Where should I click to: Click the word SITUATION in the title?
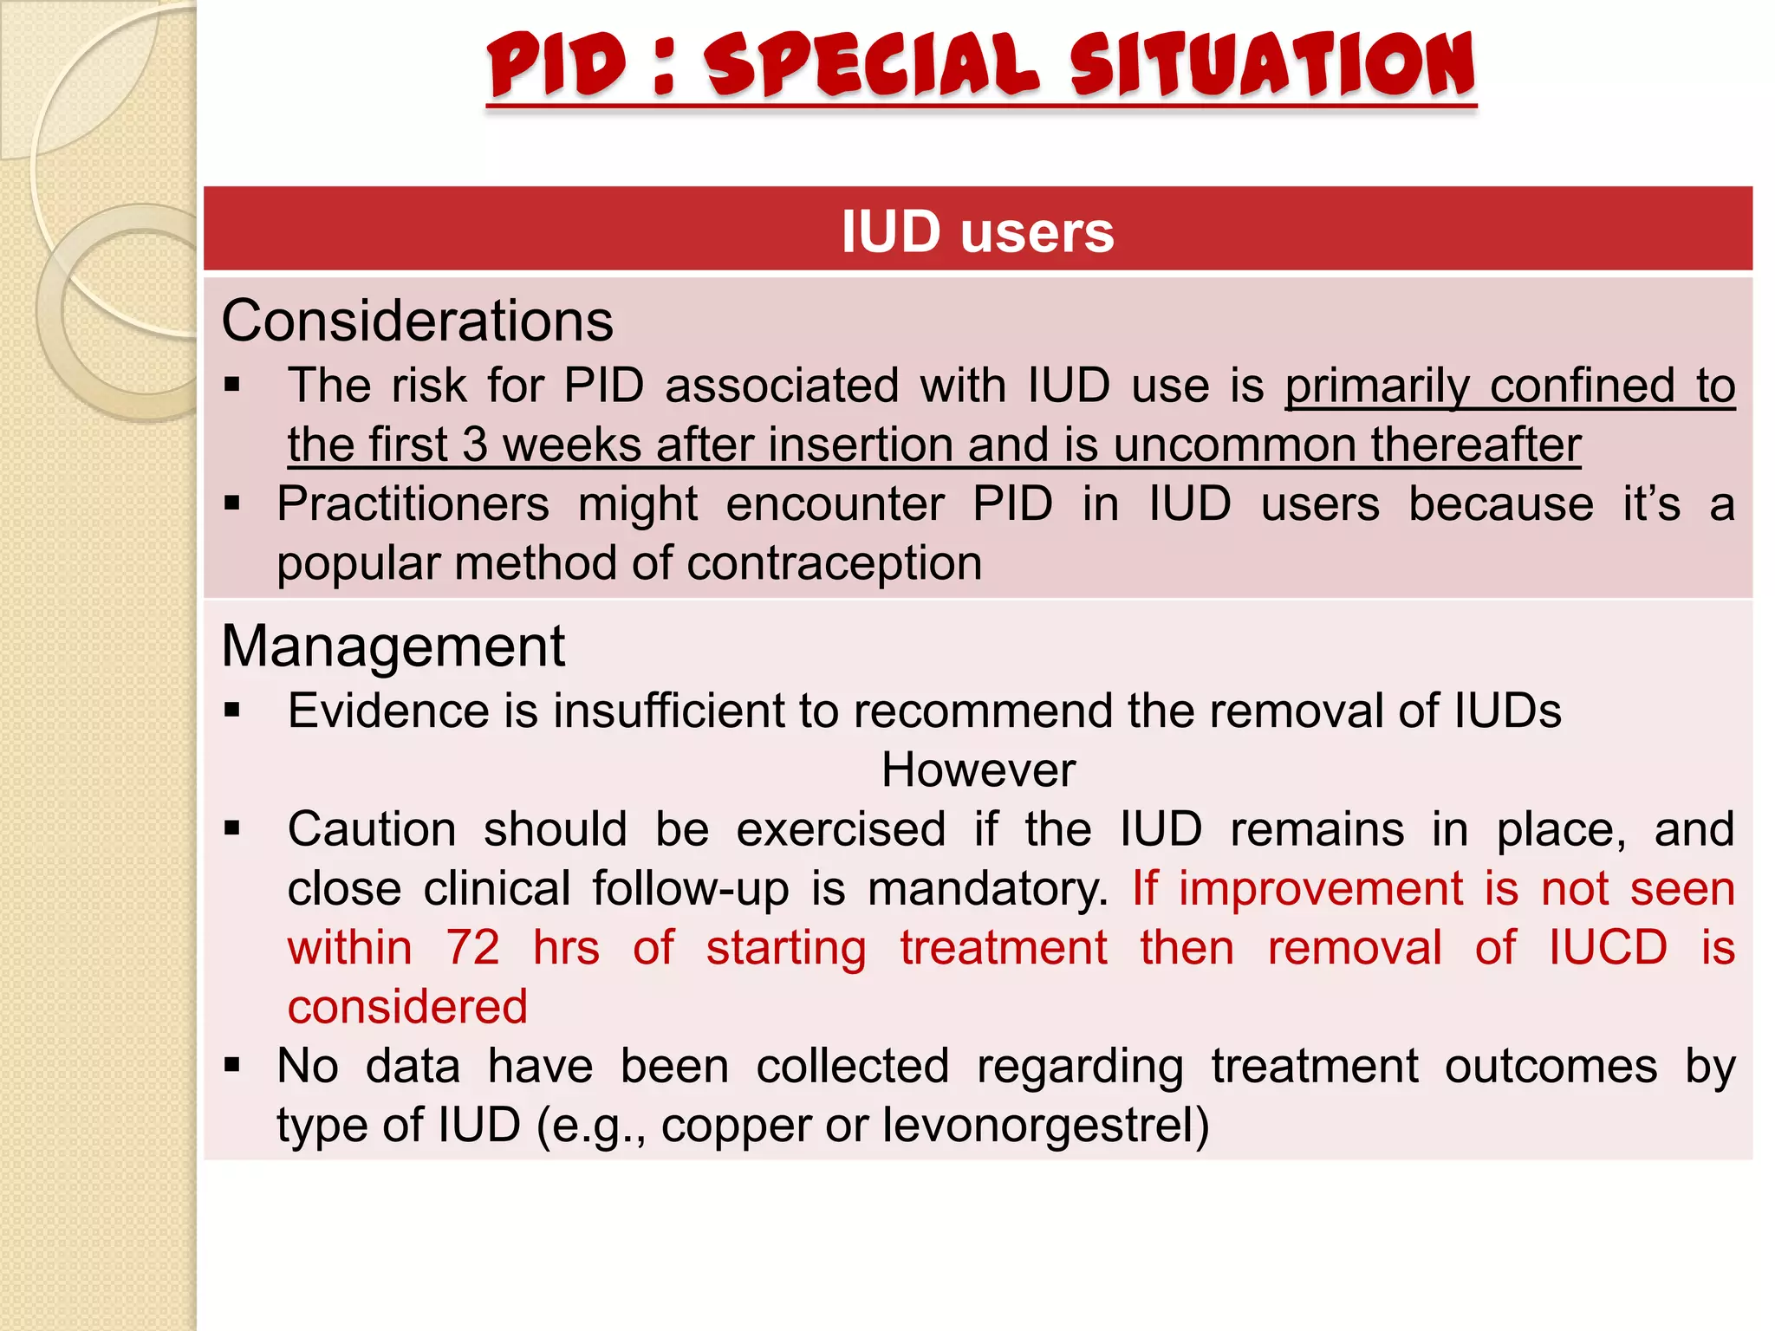(x=1271, y=65)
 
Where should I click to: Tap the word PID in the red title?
(x=556, y=65)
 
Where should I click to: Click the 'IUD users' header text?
(x=978, y=232)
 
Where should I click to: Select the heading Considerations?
(x=417, y=321)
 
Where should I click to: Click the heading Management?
(x=393, y=646)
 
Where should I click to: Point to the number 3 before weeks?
(x=474, y=445)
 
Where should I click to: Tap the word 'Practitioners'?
(x=413, y=504)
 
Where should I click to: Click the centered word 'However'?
(x=978, y=769)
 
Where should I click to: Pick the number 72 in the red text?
(x=472, y=947)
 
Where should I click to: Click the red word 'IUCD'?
(x=1608, y=947)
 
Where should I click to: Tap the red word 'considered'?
(x=407, y=1007)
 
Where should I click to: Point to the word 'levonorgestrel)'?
(x=1045, y=1126)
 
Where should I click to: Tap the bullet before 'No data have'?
(x=231, y=1065)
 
